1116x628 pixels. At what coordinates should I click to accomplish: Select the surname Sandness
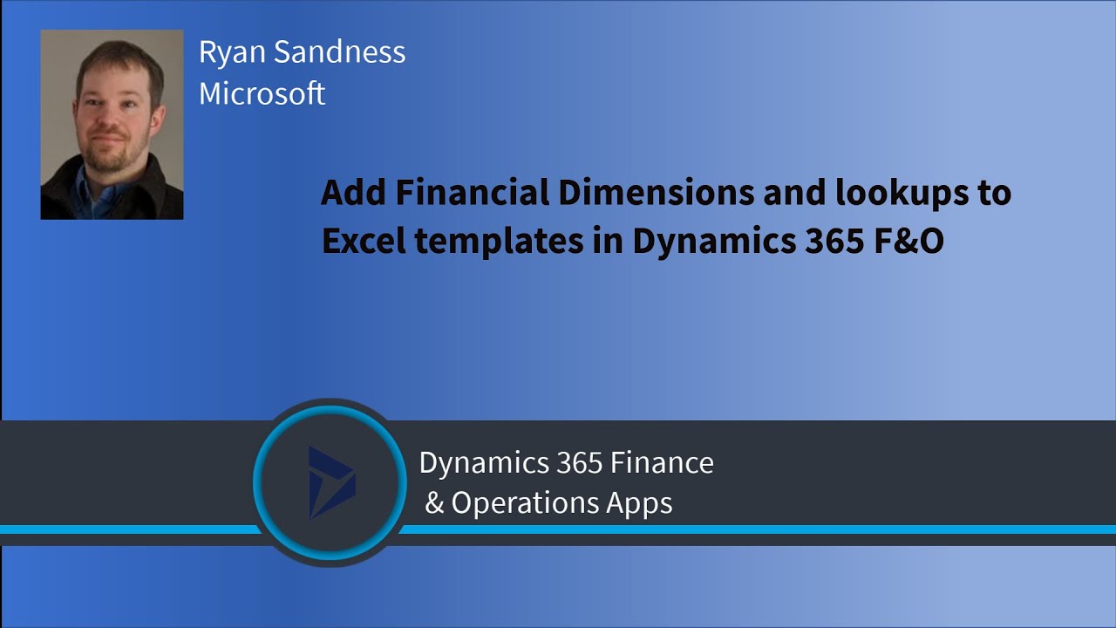[339, 52]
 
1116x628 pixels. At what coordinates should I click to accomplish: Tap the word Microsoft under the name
[262, 93]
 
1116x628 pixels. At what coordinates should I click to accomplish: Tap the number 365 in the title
[827, 242]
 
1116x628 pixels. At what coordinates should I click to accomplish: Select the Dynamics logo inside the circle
[330, 482]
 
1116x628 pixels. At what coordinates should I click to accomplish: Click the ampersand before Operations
[434, 503]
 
